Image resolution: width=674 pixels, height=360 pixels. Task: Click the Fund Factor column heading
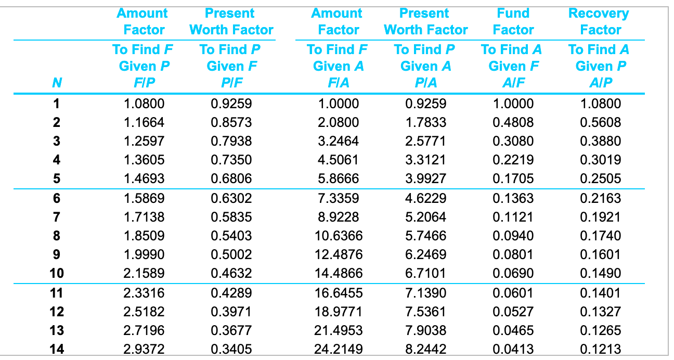click(513, 22)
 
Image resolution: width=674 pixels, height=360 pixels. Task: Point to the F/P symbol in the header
click(144, 83)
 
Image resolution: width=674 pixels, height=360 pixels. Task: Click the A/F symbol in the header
click(513, 83)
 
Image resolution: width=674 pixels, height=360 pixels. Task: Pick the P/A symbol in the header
click(425, 83)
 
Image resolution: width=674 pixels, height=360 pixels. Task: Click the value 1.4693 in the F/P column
click(144, 178)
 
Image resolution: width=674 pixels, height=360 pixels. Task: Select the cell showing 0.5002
click(231, 254)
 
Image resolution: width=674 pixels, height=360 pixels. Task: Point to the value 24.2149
click(339, 349)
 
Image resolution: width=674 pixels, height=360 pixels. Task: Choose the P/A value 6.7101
click(425, 273)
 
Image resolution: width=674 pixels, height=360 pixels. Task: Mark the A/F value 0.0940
click(513, 236)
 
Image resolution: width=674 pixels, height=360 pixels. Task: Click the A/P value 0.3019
click(601, 160)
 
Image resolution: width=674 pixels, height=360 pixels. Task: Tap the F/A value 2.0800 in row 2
click(339, 122)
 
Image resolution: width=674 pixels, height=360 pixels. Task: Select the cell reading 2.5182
click(144, 312)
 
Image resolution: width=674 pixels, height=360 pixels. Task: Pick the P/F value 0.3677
click(231, 330)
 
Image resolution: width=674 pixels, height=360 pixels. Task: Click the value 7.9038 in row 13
click(425, 330)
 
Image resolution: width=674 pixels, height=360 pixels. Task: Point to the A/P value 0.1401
click(601, 293)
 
